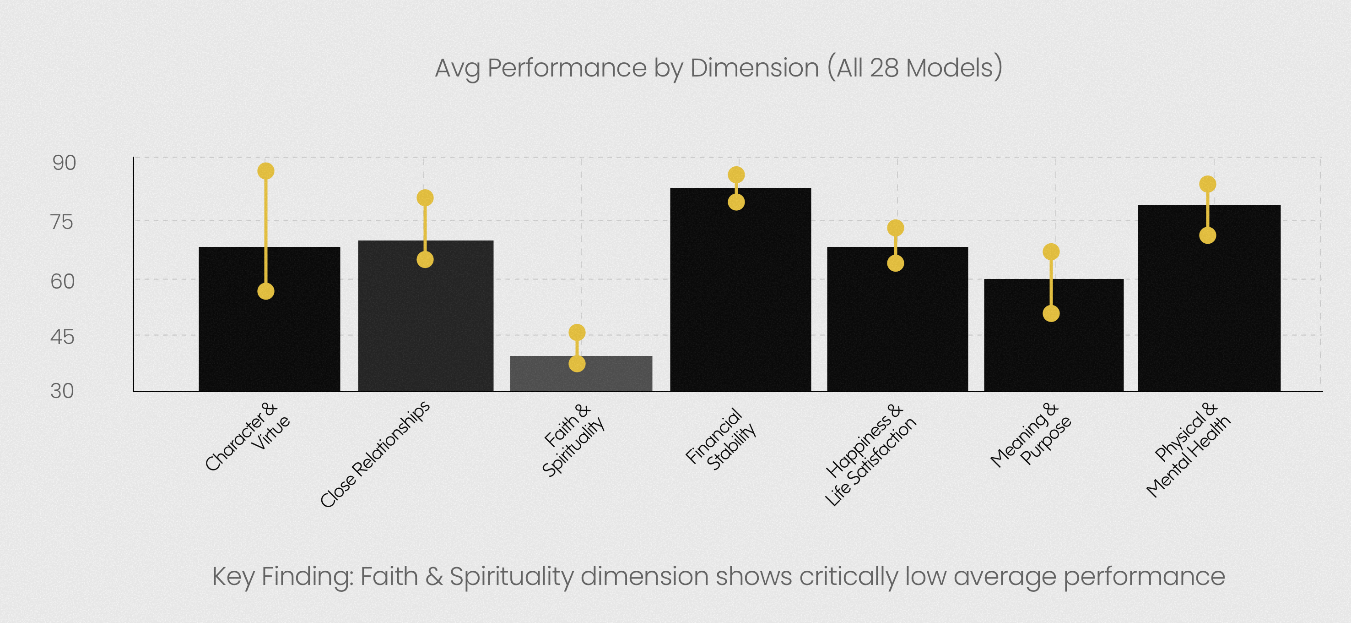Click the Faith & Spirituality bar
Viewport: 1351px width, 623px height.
click(x=581, y=374)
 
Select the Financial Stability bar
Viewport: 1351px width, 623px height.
click(x=740, y=294)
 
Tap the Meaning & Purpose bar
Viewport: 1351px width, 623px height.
click(x=1054, y=341)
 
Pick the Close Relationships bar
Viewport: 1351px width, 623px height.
click(x=425, y=320)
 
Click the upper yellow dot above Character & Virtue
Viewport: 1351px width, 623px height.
click(x=266, y=171)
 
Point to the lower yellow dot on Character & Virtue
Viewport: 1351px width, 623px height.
click(x=266, y=291)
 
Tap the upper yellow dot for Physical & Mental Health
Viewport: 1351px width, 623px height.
click(x=1208, y=184)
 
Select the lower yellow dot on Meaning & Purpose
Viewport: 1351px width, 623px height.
click(x=1051, y=314)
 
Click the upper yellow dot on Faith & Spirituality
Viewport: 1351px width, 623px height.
click(x=577, y=332)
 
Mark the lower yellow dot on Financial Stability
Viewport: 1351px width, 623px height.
click(x=736, y=202)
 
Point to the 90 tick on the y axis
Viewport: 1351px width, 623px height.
click(x=64, y=163)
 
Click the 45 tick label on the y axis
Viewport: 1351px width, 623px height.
click(x=62, y=337)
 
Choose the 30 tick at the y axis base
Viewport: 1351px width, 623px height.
click(x=62, y=391)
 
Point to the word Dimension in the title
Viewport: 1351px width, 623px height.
click(x=754, y=68)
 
